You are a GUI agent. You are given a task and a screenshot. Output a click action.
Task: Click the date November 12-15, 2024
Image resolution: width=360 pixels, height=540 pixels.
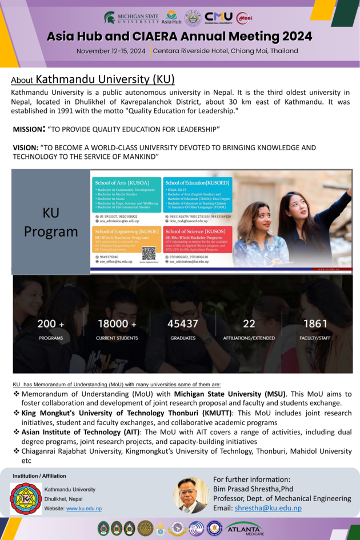(111, 51)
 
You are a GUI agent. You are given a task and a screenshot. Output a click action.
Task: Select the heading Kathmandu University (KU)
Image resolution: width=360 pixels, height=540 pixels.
(105, 79)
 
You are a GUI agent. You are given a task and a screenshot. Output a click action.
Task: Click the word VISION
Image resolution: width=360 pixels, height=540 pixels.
(25, 147)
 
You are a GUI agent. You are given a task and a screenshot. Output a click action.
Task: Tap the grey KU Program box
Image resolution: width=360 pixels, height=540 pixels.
(51, 222)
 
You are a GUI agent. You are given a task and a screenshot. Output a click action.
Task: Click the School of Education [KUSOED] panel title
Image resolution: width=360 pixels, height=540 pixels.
(189, 182)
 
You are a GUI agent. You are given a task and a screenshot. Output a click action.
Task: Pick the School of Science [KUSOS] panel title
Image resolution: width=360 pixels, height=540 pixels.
(188, 231)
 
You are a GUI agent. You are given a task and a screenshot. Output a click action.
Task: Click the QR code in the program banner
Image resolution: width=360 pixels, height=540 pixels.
(149, 253)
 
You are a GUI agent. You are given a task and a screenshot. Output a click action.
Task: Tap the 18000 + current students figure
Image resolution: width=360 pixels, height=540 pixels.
(117, 324)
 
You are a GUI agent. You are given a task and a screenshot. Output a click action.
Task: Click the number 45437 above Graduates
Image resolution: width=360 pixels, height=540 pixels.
(183, 324)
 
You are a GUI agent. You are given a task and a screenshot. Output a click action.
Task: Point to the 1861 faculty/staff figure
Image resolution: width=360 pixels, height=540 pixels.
(315, 324)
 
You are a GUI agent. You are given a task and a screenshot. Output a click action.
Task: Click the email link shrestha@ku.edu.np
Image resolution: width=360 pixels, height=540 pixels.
(269, 508)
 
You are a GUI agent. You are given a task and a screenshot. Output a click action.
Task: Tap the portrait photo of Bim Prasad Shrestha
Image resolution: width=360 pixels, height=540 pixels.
(191, 494)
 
